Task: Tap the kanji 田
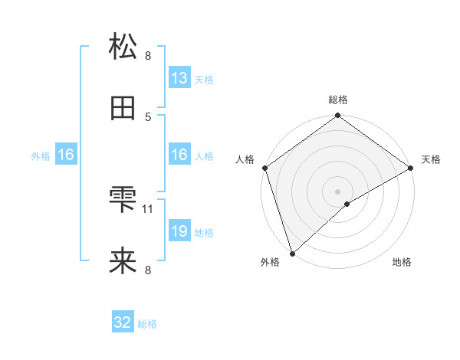click(123, 109)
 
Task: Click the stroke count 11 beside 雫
click(149, 208)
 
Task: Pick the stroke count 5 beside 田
click(148, 116)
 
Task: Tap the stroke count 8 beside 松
click(148, 55)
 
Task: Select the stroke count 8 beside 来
click(148, 270)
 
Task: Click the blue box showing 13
click(179, 78)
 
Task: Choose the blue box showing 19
click(179, 231)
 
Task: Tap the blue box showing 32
click(123, 322)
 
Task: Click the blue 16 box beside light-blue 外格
click(66, 155)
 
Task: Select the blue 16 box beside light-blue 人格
click(179, 155)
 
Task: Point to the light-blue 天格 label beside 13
click(204, 79)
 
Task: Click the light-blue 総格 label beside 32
click(147, 323)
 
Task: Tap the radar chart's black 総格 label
click(338, 100)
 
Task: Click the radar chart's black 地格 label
click(402, 263)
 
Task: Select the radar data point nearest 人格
click(264, 169)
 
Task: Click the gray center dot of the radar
click(337, 191)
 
